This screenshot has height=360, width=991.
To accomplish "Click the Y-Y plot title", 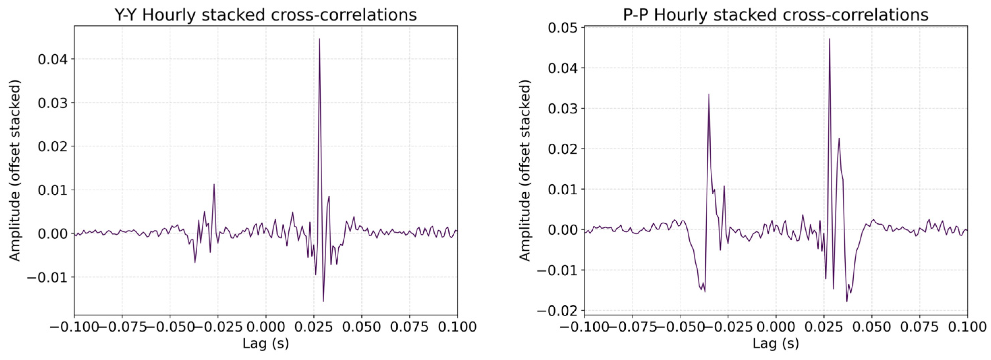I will point(265,15).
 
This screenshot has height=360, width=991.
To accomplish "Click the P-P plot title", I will point(775,15).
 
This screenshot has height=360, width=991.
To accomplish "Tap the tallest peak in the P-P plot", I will point(829,39).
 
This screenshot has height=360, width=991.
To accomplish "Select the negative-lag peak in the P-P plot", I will point(708,94).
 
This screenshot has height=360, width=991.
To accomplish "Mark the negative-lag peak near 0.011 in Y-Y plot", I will point(214,185).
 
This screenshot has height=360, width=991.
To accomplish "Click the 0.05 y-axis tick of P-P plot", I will point(562,28).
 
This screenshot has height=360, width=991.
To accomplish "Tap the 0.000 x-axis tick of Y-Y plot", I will point(265,327).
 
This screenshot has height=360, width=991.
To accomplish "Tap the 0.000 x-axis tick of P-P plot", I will point(775,327).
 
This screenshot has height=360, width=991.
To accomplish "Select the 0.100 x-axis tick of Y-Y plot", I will point(457,327).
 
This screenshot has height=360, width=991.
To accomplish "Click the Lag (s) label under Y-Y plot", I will point(265,343).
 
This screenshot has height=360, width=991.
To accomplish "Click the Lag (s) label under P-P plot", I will point(775,343).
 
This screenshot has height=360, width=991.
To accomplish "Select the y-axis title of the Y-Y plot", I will point(15,170).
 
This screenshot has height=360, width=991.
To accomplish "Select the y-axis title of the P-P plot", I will point(525,170).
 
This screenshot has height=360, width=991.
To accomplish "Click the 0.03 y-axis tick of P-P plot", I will point(562,108).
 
